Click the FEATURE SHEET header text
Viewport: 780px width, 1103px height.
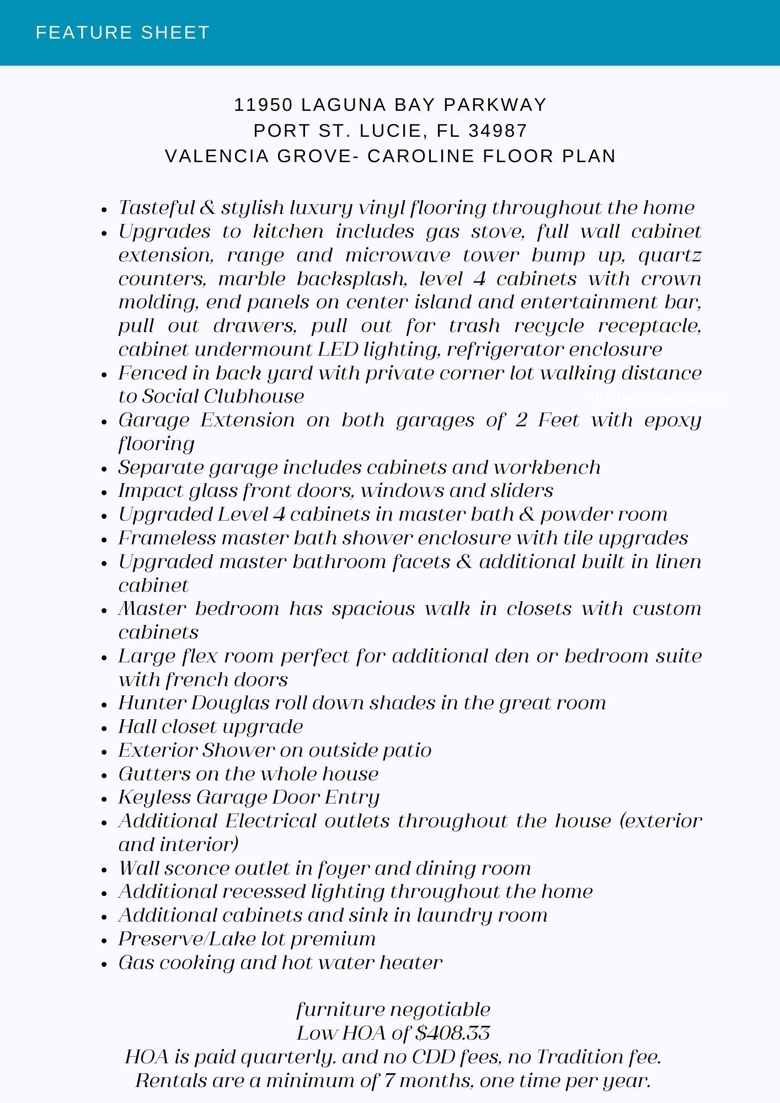pos(122,33)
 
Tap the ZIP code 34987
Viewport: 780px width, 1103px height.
pos(498,131)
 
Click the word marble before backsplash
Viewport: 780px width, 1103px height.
pos(252,279)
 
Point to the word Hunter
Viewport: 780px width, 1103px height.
pos(152,703)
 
